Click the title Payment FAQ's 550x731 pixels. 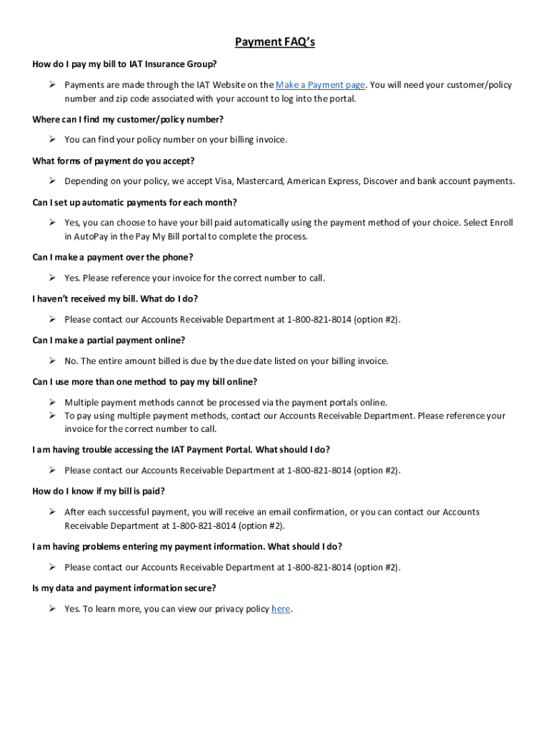coord(275,42)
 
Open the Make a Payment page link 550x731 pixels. coord(320,85)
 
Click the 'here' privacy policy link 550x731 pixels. coord(281,609)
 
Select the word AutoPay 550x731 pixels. coord(89,236)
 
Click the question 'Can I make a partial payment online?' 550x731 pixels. coord(109,341)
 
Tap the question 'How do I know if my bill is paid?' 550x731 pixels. coord(99,491)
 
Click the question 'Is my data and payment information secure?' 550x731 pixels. coord(124,588)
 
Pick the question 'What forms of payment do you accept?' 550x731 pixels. coord(113,161)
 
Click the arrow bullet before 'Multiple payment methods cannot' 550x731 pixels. coord(53,402)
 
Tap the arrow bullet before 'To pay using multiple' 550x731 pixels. coord(53,415)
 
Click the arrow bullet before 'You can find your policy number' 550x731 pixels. coord(53,139)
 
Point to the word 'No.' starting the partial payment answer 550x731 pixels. coord(71,361)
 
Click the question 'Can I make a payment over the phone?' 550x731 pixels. coord(113,257)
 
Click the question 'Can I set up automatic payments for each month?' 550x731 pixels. coord(134,202)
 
